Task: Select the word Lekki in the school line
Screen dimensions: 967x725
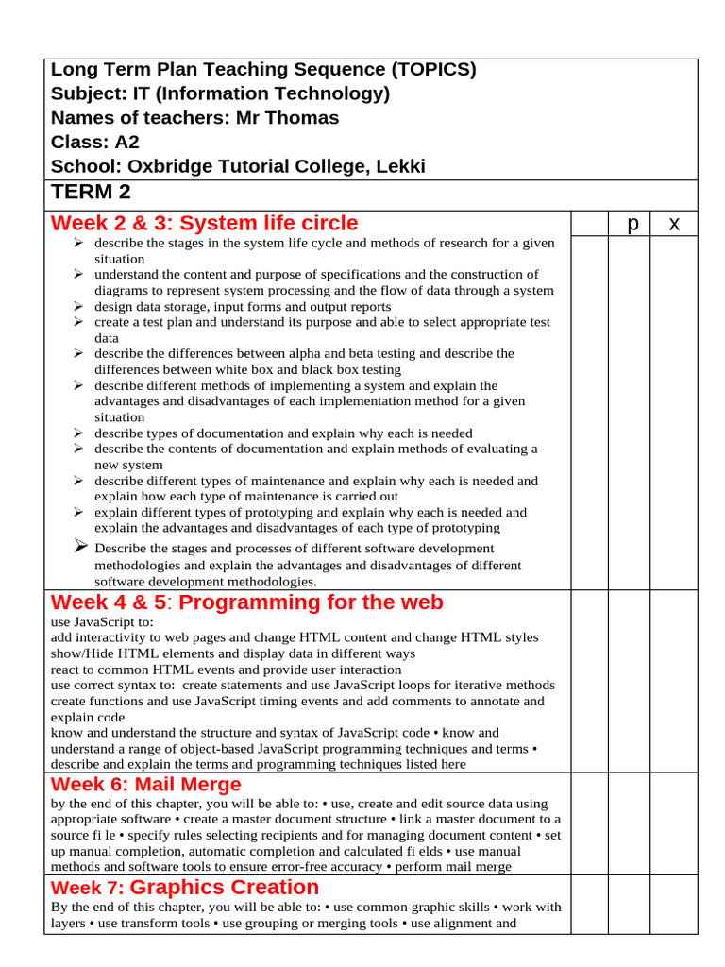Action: tap(400, 167)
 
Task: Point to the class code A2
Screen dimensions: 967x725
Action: tap(126, 143)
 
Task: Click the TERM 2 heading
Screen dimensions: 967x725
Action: tap(91, 193)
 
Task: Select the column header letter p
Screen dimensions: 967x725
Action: tap(632, 223)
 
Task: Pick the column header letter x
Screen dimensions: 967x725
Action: tap(674, 223)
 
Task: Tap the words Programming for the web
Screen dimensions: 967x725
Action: tap(311, 602)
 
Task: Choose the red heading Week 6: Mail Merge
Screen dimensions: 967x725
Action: tap(146, 784)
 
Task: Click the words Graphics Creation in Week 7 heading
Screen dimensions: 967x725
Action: tap(225, 887)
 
